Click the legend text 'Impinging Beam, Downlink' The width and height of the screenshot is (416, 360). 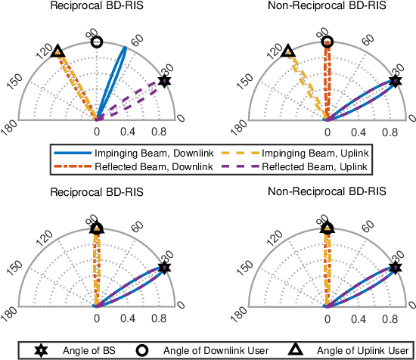[144, 153]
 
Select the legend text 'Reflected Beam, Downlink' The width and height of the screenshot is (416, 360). [144, 165]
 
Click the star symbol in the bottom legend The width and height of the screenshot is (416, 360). [39, 350]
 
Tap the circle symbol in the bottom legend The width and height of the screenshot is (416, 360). [140, 350]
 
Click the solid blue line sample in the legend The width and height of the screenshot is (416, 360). [73, 153]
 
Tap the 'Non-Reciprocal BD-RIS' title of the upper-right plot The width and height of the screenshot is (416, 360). [327, 6]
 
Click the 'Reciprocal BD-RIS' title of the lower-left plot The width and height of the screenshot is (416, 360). [96, 192]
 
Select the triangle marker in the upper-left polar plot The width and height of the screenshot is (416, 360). [58, 51]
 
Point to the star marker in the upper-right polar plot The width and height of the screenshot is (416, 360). [395, 81]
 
